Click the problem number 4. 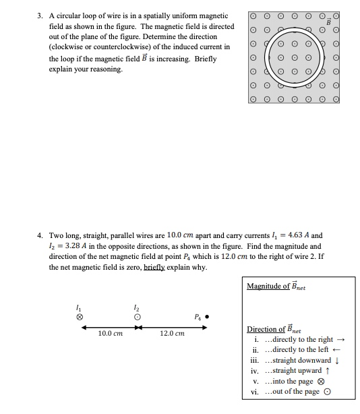pyautogui.click(x=40, y=236)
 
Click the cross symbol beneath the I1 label pyautogui.click(x=80, y=316)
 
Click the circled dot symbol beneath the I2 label pyautogui.click(x=138, y=316)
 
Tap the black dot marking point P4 pyautogui.click(x=206, y=315)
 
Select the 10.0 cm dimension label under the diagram pyautogui.click(x=109, y=334)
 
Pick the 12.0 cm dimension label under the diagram pyautogui.click(x=172, y=334)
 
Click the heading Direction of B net pyautogui.click(x=276, y=330)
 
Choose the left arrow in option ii pyautogui.click(x=336, y=350)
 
